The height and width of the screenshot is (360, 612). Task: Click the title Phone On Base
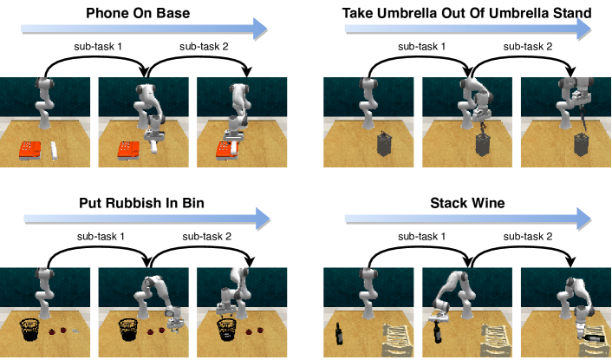(138, 13)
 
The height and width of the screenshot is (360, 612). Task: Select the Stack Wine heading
(467, 203)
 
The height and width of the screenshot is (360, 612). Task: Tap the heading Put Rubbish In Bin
(141, 203)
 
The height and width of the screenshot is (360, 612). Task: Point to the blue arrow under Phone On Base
(144, 29)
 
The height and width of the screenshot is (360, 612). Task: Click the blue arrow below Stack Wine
(468, 219)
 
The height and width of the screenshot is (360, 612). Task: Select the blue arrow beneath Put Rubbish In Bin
(147, 219)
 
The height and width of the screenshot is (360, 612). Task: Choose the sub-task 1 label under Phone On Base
(98, 47)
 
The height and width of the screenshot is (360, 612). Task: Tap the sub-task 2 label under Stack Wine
(528, 237)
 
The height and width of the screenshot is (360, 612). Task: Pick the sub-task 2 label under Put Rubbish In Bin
(207, 237)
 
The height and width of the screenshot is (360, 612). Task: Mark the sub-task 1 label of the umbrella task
(421, 47)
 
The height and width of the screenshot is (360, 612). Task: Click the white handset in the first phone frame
(55, 150)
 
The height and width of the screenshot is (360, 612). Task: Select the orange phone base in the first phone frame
(30, 151)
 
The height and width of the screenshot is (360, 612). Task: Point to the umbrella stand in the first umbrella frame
(384, 145)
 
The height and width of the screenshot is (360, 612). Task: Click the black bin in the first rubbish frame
(29, 329)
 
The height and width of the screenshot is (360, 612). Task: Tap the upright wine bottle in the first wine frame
(339, 334)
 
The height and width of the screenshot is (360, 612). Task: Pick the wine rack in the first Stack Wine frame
(398, 340)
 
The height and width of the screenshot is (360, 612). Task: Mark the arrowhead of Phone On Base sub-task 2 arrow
(247, 72)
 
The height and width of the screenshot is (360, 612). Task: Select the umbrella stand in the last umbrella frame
(581, 145)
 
